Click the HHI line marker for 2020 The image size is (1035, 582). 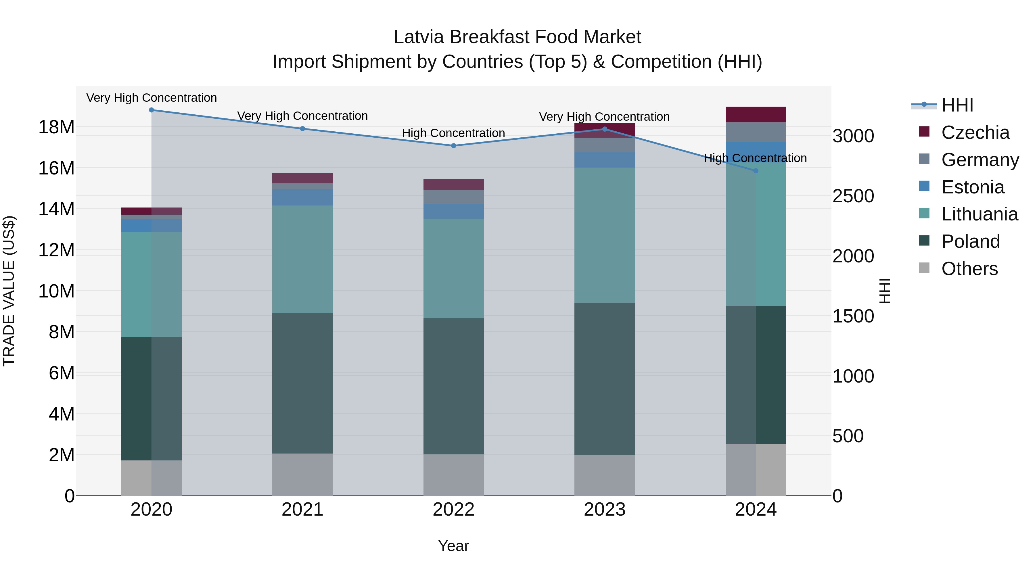pos(152,110)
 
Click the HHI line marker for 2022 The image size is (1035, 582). pos(454,146)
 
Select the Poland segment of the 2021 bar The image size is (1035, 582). pos(302,384)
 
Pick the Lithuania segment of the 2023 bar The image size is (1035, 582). pos(605,235)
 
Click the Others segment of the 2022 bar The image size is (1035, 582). pos(454,475)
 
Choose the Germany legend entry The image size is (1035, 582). pos(980,160)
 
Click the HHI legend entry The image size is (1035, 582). pos(957,105)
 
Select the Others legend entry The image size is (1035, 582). pos(969,269)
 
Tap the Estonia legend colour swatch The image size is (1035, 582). pos(924,186)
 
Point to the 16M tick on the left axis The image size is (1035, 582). pos(56,168)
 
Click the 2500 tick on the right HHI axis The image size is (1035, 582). pos(853,196)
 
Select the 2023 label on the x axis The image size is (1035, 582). pos(605,510)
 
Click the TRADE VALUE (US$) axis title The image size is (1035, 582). pos(9,291)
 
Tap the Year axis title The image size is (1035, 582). pos(454,546)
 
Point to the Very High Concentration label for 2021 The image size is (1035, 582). pos(302,116)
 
